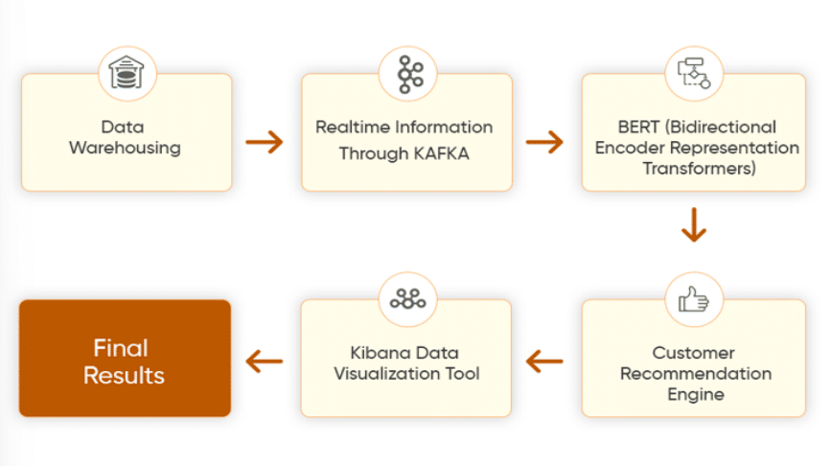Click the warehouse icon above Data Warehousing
127,72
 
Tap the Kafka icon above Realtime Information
410,74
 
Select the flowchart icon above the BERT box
694,73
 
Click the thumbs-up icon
694,299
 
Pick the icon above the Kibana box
407,299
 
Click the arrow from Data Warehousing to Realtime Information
265,142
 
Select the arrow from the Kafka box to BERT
544,142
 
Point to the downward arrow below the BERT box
694,225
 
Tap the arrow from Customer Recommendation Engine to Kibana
544,361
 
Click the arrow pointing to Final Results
265,361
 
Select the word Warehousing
125,148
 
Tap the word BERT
638,128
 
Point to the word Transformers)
700,169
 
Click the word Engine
696,395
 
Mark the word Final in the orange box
121,348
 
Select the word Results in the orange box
124,376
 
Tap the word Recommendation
696,374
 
